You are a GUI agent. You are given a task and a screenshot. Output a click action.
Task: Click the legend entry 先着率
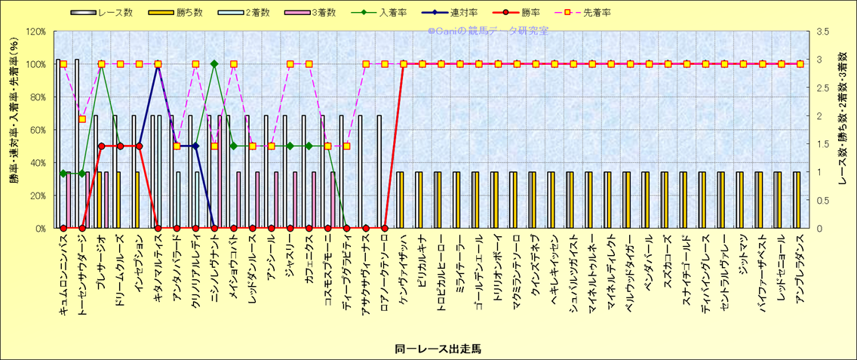pyautogui.click(x=597, y=13)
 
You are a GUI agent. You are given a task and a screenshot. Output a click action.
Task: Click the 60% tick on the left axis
pyautogui.click(x=37, y=130)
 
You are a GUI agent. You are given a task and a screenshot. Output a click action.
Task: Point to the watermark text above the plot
pyautogui.click(x=487, y=32)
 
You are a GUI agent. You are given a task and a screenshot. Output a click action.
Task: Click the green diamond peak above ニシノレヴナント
pyautogui.click(x=214, y=64)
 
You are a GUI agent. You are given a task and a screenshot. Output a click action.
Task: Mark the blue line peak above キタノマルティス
pyautogui.click(x=158, y=64)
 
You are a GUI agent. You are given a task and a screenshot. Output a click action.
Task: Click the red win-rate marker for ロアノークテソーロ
pyautogui.click(x=385, y=228)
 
